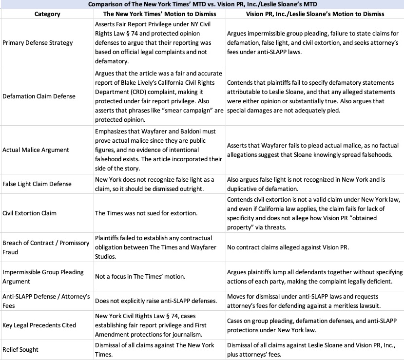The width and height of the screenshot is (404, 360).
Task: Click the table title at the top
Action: [202, 4]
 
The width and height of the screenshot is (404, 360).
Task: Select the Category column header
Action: [47, 14]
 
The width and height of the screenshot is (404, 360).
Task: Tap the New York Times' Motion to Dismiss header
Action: [160, 14]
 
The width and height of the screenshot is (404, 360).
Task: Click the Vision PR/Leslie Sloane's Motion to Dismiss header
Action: [315, 14]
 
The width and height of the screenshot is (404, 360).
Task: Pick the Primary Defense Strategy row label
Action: [38, 42]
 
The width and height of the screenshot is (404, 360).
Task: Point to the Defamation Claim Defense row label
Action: [39, 96]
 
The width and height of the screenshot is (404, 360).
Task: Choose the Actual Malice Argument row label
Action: [36, 150]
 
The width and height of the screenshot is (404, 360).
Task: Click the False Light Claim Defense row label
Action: [37, 184]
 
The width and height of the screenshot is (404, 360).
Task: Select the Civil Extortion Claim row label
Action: [29, 213]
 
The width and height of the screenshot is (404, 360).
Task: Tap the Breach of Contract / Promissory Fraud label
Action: [46, 247]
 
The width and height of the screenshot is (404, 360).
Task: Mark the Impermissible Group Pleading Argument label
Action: [43, 276]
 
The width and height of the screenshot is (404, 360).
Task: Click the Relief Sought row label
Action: [20, 349]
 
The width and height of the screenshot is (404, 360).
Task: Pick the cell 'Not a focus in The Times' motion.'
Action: [140, 276]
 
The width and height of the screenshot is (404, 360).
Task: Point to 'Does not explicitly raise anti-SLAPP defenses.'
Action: [155, 301]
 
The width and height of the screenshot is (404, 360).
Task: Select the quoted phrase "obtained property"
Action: [247, 227]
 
